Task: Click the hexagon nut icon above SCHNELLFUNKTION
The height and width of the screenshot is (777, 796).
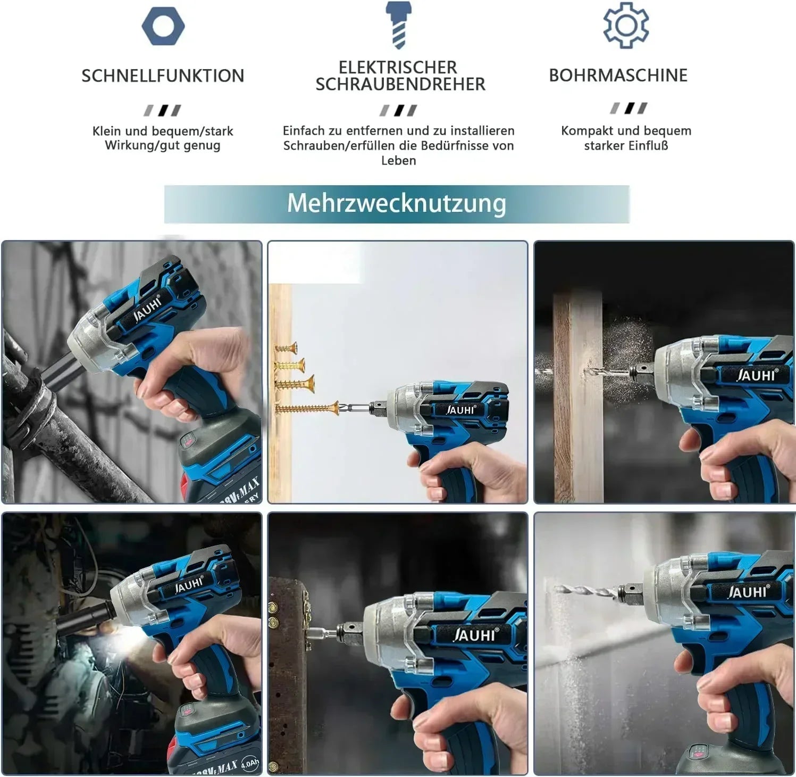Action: (x=163, y=26)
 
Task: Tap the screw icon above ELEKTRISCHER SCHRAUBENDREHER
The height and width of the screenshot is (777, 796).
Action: (x=398, y=24)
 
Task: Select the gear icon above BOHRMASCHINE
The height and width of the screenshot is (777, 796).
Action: (x=626, y=25)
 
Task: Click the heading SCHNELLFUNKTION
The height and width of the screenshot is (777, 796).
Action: (x=163, y=76)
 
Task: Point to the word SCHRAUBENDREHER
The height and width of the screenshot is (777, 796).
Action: (x=400, y=84)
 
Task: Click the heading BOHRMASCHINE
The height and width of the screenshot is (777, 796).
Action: (x=618, y=75)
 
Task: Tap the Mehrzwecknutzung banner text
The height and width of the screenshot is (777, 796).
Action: (x=397, y=203)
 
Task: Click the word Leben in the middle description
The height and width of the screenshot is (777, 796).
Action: (x=398, y=160)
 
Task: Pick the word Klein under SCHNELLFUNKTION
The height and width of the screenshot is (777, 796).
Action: (x=107, y=131)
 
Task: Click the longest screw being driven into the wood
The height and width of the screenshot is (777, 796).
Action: (x=307, y=409)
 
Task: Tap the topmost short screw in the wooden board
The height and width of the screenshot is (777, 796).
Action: (x=286, y=348)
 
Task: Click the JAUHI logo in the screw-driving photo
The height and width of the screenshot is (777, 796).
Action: (x=460, y=410)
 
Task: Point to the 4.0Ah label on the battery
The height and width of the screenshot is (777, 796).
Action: (x=250, y=765)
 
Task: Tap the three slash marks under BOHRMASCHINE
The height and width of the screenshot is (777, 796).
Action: (x=629, y=108)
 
